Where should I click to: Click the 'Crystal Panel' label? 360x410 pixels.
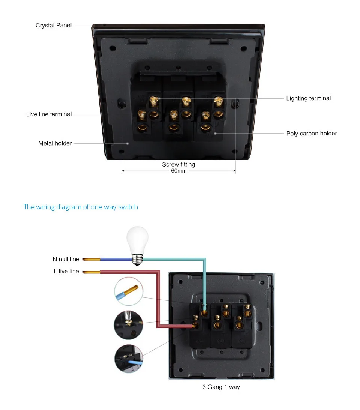(54, 25)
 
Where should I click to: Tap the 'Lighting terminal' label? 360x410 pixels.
(309, 98)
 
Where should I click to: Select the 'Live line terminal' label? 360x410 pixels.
(49, 114)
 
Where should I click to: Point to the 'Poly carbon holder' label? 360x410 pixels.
(312, 134)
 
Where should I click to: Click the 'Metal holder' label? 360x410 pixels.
(55, 143)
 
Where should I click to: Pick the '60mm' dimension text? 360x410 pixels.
(179, 171)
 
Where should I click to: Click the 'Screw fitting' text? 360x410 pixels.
(178, 164)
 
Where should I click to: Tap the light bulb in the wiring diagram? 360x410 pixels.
(137, 246)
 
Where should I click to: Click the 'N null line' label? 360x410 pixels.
(66, 259)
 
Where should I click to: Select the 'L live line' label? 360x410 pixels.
(66, 272)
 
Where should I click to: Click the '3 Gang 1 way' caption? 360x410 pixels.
(221, 387)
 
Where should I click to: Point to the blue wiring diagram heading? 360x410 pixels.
(81, 207)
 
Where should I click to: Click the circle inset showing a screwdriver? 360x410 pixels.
(128, 325)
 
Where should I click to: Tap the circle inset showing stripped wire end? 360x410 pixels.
(129, 291)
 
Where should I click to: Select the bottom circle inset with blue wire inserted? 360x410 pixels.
(129, 359)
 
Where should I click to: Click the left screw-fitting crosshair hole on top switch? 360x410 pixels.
(122, 105)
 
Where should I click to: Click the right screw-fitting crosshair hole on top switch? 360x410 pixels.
(235, 104)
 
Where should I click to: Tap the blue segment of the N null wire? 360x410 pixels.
(116, 259)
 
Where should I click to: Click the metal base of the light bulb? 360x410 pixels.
(137, 260)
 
